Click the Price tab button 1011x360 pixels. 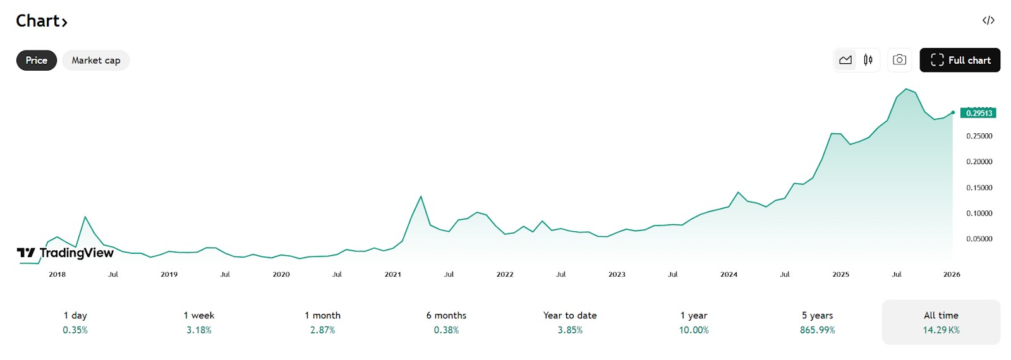[x=37, y=61]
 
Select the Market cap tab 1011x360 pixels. [x=95, y=61]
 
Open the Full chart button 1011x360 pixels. [x=960, y=60]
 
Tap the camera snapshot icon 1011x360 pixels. [x=900, y=60]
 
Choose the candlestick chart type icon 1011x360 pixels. [x=868, y=60]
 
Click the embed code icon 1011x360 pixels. [x=988, y=20]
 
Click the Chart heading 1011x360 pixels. [x=42, y=21]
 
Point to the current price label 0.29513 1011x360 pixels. [x=978, y=113]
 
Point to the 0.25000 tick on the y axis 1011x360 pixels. [x=979, y=136]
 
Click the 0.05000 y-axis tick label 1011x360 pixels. [x=979, y=239]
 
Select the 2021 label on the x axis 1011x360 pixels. [x=392, y=274]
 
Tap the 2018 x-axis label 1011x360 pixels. [x=58, y=274]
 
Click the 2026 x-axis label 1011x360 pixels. [x=952, y=274]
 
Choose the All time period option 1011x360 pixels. [x=941, y=322]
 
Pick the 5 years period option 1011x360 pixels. [x=818, y=322]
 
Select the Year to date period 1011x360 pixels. [x=570, y=322]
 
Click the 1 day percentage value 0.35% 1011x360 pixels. [x=75, y=330]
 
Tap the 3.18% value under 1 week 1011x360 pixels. [x=199, y=330]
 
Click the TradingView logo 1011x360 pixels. [x=65, y=253]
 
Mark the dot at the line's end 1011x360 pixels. [x=953, y=113]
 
